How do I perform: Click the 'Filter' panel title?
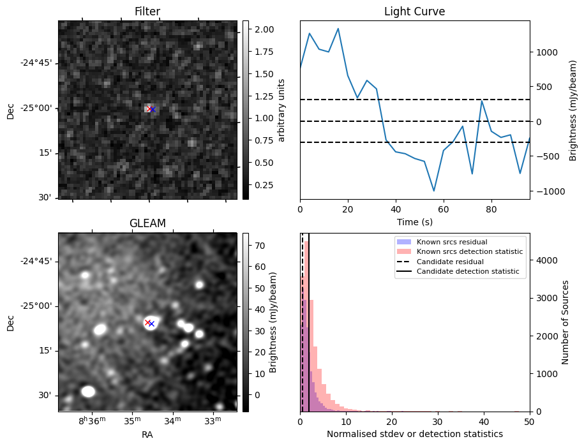pyautogui.click(x=147, y=11)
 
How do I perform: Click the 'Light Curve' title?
pyautogui.click(x=414, y=11)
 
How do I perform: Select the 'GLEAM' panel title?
pyautogui.click(x=147, y=223)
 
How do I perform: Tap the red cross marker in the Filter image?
pyautogui.click(x=149, y=109)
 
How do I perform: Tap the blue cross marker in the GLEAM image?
pyautogui.click(x=152, y=323)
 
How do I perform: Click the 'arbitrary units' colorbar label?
pyautogui.click(x=281, y=109)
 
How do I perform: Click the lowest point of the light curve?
pyautogui.click(x=434, y=191)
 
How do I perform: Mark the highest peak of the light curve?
pyautogui.click(x=338, y=29)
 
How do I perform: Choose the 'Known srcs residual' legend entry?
pyautogui.click(x=452, y=242)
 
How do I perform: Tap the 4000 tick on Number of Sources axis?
pyautogui.click(x=543, y=260)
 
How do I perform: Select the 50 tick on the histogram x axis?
pyautogui.click(x=529, y=422)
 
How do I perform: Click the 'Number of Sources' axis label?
pyautogui.click(x=565, y=322)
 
